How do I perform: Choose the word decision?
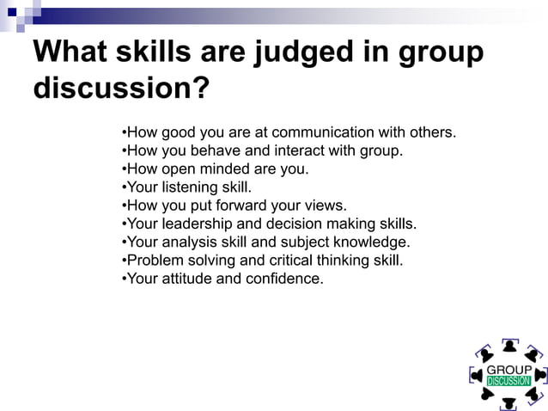(x=292, y=224)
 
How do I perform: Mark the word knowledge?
(x=373, y=242)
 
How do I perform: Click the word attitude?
(x=188, y=278)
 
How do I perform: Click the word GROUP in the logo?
(x=508, y=370)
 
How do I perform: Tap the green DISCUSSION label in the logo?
(x=508, y=381)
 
